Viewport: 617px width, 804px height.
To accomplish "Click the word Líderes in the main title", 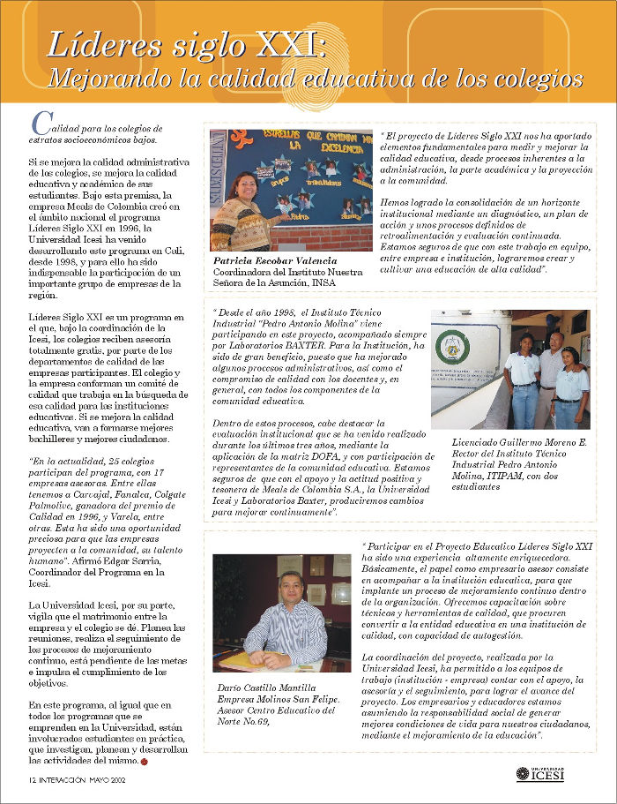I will pos(92,44).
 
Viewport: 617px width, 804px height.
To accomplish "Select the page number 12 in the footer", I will pos(31,780).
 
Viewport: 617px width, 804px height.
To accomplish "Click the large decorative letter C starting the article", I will pos(38,123).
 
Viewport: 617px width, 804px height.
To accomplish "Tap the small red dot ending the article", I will pos(145,760).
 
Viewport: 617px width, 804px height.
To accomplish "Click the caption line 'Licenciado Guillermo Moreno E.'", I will pos(519,442).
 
